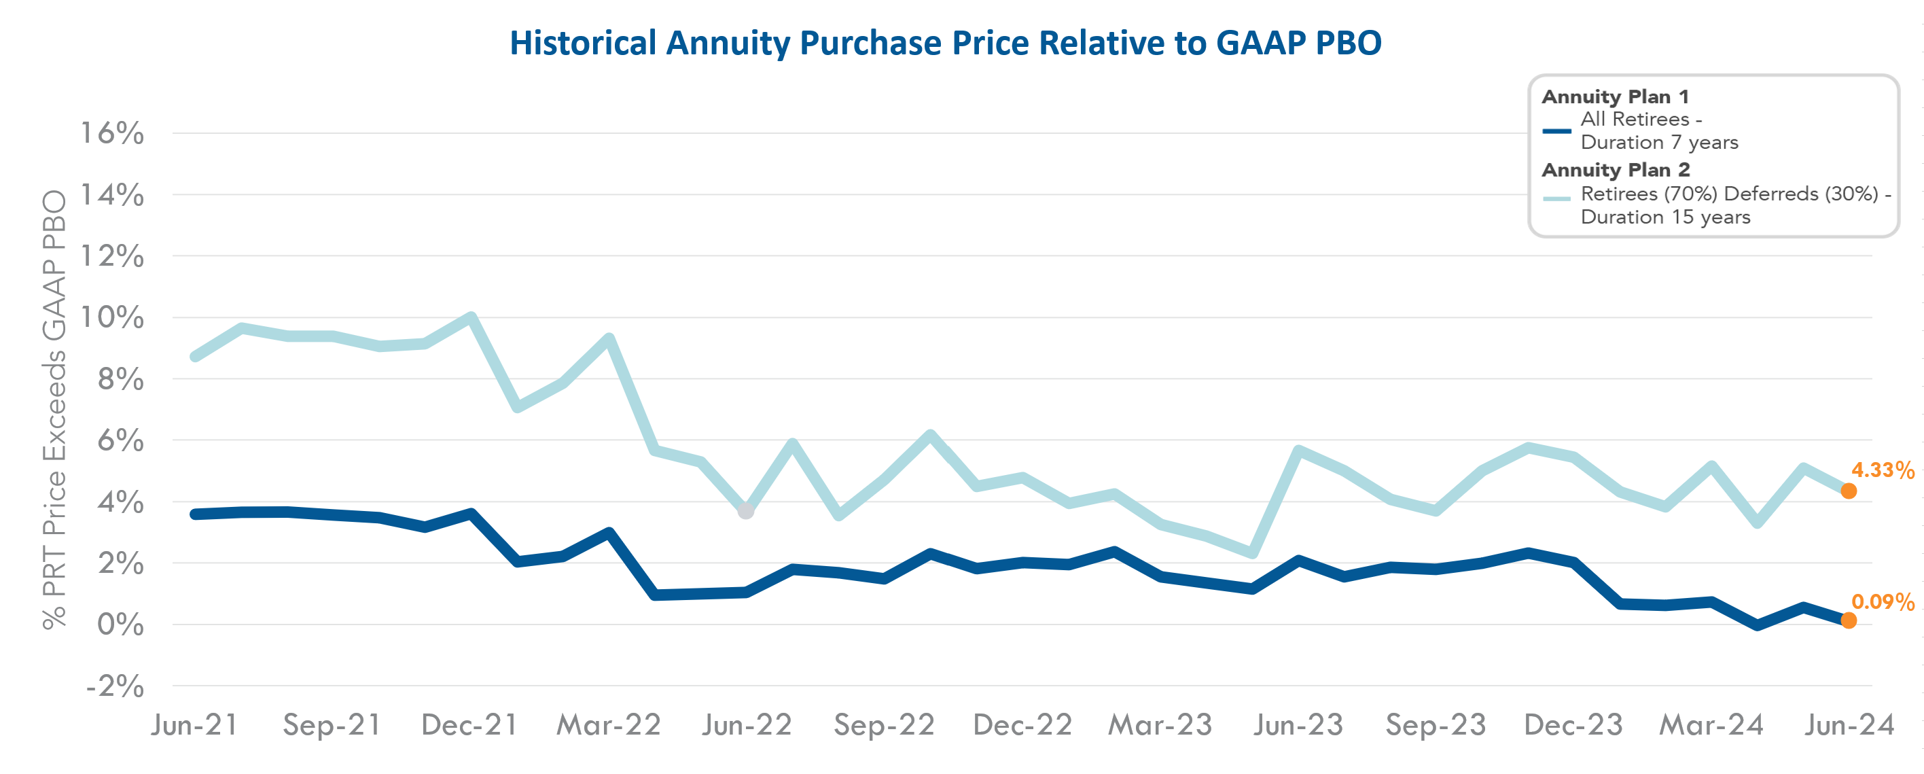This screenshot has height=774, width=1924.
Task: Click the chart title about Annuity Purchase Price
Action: [x=945, y=43]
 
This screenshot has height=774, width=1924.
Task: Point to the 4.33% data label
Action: [x=1882, y=470]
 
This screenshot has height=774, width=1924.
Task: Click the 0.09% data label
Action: [x=1882, y=601]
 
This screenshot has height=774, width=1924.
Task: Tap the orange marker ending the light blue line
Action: [x=1849, y=491]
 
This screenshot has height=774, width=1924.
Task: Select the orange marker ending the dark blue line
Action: [x=1849, y=620]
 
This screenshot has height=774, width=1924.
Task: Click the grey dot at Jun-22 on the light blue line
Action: [x=745, y=512]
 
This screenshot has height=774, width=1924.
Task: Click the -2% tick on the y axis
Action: [x=115, y=686]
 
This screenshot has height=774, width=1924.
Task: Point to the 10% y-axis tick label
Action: [x=112, y=317]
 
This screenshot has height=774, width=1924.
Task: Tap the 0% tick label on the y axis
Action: [x=120, y=625]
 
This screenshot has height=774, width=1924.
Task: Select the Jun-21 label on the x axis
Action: [x=195, y=724]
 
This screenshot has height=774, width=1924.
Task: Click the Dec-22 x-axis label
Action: [x=1022, y=724]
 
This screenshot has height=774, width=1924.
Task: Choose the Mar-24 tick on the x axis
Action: [x=1711, y=724]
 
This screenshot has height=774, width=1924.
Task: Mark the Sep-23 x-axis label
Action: [x=1436, y=724]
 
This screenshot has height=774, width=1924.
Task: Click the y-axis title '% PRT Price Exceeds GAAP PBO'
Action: [x=54, y=409]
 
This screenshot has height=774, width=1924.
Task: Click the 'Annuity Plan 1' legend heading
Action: [x=1615, y=96]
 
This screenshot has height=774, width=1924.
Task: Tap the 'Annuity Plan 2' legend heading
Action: [x=1616, y=170]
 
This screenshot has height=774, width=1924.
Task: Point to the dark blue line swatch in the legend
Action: [x=1556, y=130]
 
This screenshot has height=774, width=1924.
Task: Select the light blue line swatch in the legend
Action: [x=1556, y=198]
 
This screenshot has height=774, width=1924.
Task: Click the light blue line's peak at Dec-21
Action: [x=471, y=317]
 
